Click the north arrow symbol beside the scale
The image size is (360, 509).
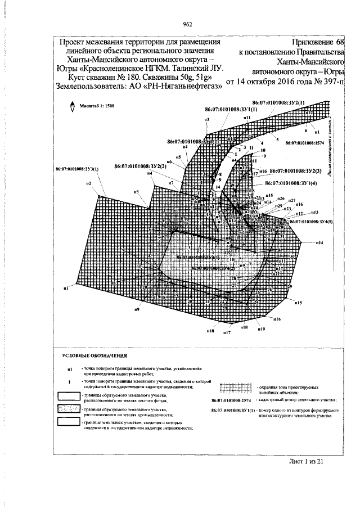tap(73, 107)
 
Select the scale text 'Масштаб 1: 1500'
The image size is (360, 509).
tap(96, 105)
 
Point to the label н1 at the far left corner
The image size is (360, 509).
tap(66, 288)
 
